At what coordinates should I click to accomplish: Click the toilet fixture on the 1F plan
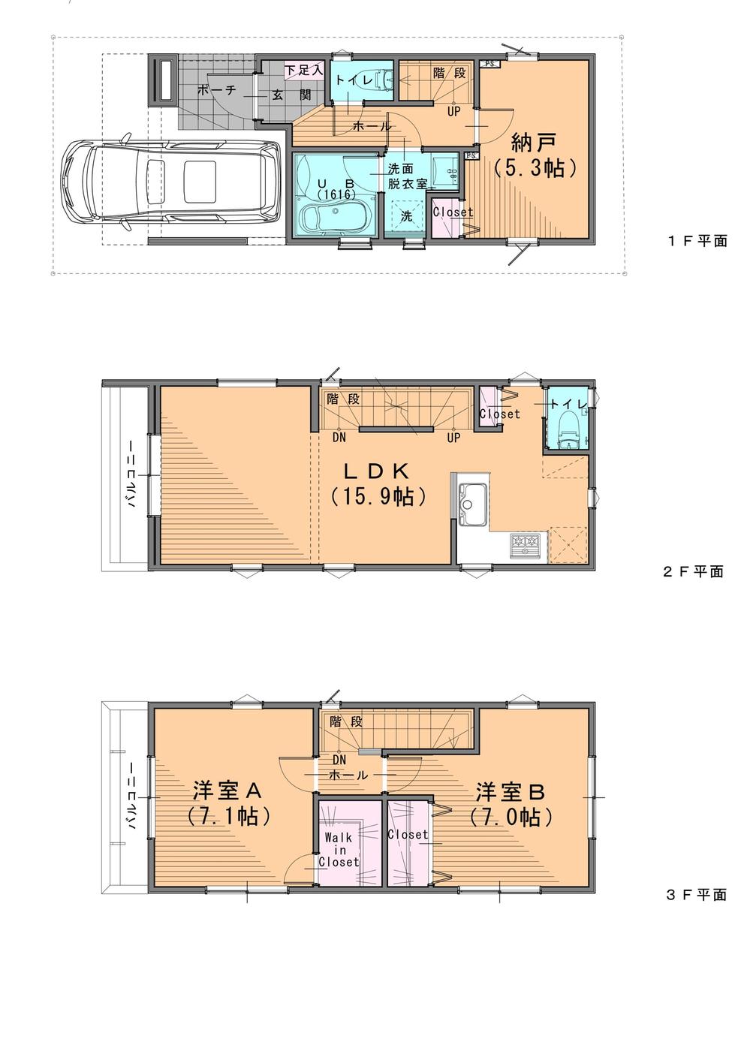click(x=381, y=80)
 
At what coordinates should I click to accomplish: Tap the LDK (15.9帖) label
click(x=378, y=483)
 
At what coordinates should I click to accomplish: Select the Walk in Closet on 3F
click(x=339, y=848)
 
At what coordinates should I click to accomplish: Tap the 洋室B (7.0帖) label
click(x=511, y=803)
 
